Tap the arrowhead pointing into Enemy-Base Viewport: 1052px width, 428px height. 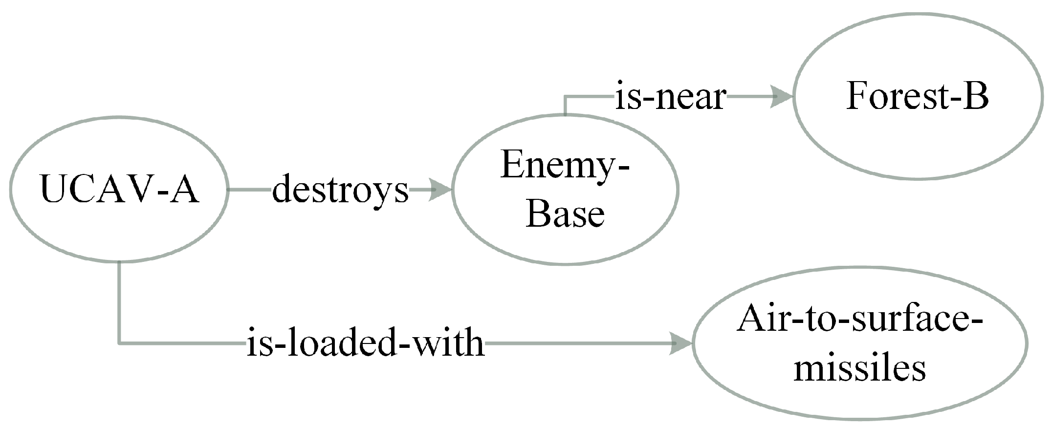(x=440, y=190)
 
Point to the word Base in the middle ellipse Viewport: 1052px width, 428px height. (x=565, y=214)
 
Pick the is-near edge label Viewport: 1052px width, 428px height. (x=670, y=97)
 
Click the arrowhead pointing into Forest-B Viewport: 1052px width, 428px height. (x=781, y=97)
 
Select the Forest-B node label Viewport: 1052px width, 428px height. (x=917, y=96)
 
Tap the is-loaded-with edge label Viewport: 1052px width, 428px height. (x=365, y=343)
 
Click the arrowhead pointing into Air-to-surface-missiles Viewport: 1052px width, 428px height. (x=680, y=343)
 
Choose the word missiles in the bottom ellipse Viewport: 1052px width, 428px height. (x=859, y=368)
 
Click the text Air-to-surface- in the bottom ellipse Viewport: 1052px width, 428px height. (x=859, y=320)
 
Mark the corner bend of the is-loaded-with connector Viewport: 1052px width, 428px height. (x=119, y=343)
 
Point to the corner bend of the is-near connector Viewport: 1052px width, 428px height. (x=565, y=97)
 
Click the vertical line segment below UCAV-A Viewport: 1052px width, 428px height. (x=119, y=303)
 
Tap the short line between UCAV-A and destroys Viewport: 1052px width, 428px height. (x=249, y=190)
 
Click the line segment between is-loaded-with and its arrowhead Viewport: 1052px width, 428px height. (x=577, y=343)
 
